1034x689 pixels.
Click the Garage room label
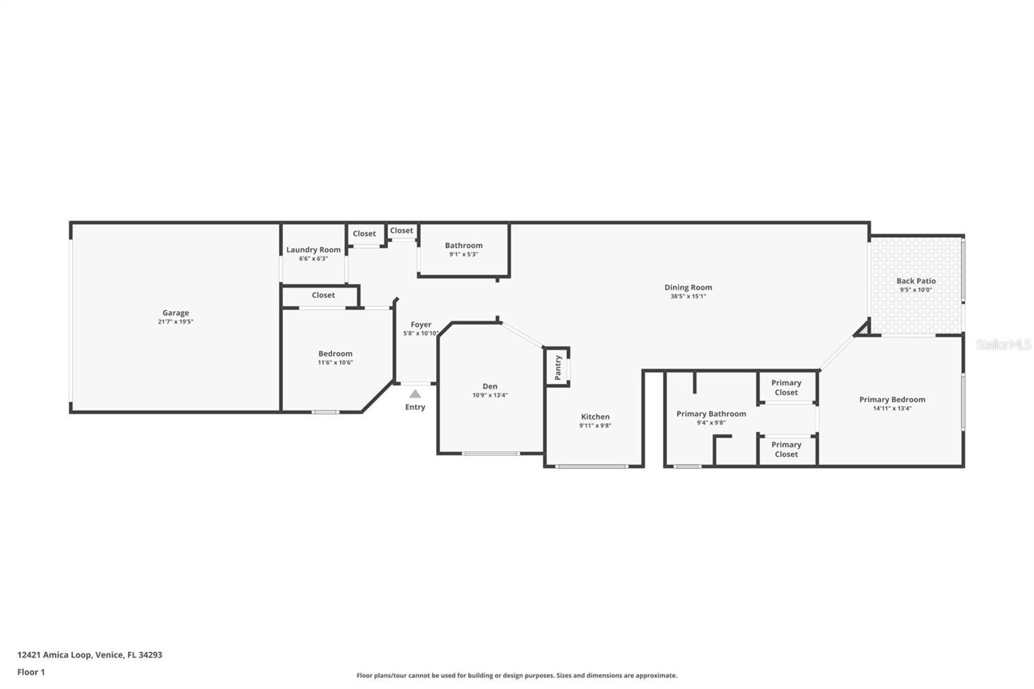[175, 313]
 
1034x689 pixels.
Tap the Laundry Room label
[313, 250]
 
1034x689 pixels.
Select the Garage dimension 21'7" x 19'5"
[175, 322]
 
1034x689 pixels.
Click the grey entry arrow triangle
[415, 394]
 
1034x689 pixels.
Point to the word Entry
[415, 407]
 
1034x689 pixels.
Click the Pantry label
[558, 368]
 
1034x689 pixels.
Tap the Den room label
[490, 386]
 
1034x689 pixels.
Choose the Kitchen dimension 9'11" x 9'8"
[595, 426]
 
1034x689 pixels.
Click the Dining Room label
[688, 287]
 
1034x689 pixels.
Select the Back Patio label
[916, 281]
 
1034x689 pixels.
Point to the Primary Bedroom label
[892, 399]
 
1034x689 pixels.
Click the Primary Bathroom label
[711, 414]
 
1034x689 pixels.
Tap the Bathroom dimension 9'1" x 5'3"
[463, 255]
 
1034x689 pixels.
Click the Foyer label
[421, 324]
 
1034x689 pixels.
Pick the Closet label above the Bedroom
[323, 295]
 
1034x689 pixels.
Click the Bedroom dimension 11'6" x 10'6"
[335, 363]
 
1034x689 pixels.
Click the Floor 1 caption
[31, 672]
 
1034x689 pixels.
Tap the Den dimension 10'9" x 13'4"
[490, 396]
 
